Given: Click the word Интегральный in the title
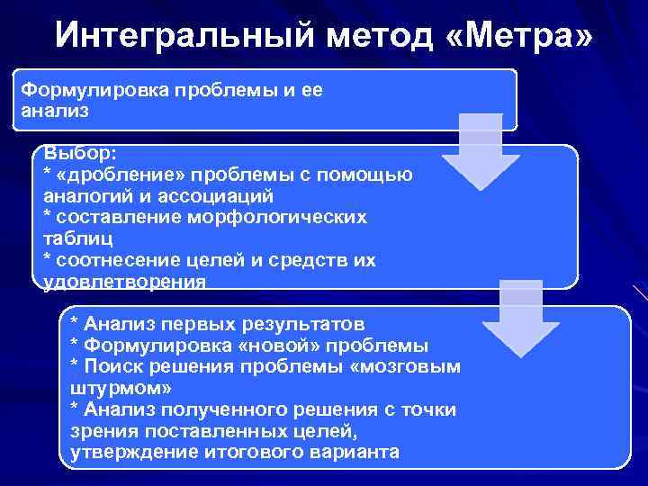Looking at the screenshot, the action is point(180,35).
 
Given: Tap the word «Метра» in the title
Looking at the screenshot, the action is point(519,35).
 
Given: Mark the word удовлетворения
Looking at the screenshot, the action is point(124,282).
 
